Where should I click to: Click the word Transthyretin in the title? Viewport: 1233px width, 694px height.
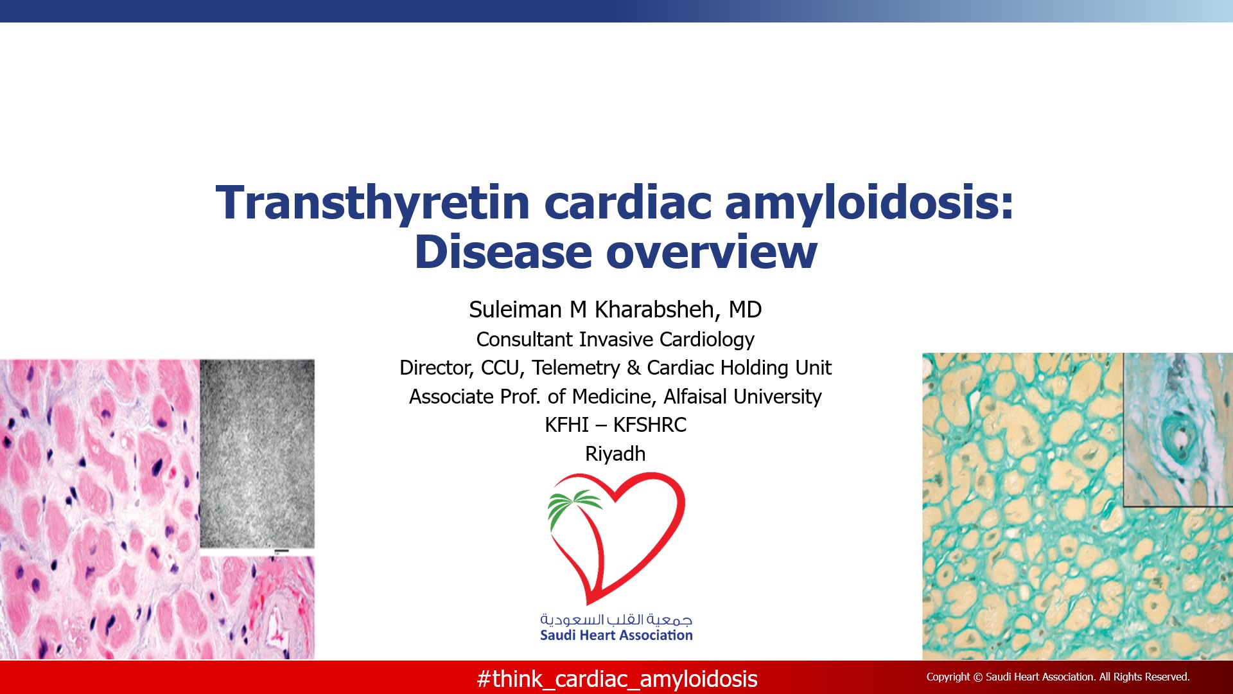tap(372, 203)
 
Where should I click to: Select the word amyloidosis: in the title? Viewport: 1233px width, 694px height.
tap(870, 203)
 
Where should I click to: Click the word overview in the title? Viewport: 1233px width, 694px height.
tap(712, 251)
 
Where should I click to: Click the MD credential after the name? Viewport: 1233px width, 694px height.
tap(745, 310)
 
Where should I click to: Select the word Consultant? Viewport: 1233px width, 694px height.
tap(525, 339)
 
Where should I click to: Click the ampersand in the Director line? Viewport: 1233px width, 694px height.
tap(634, 368)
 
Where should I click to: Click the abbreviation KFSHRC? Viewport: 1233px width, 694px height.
tap(650, 425)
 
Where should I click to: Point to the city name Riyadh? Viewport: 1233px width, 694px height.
tap(615, 454)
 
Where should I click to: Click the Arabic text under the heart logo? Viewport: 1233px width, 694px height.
tap(616, 619)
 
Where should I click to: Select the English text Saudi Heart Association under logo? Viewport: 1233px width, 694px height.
tap(616, 636)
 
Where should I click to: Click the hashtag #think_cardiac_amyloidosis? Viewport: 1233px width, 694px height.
tap(617, 679)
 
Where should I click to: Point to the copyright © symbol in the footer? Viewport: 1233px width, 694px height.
tap(978, 677)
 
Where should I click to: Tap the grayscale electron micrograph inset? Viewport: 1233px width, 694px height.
tap(258, 454)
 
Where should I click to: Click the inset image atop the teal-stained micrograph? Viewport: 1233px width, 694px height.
tap(1178, 430)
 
